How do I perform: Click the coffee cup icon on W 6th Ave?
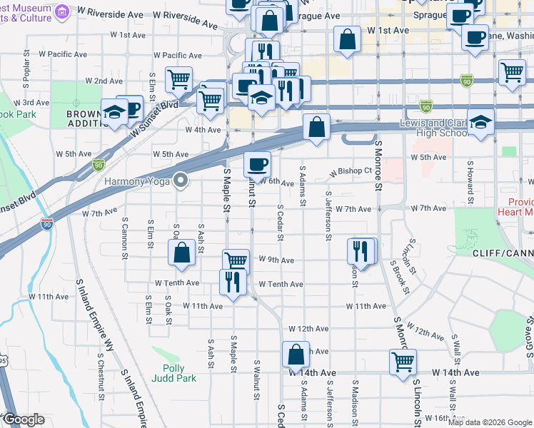(x=257, y=165)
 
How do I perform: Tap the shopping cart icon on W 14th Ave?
(x=403, y=361)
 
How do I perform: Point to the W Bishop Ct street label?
(x=351, y=172)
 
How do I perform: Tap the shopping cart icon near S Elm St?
(x=178, y=80)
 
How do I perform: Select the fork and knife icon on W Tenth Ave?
(x=232, y=282)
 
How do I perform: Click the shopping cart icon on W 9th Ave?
(x=235, y=260)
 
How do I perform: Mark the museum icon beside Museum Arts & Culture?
(x=62, y=11)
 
